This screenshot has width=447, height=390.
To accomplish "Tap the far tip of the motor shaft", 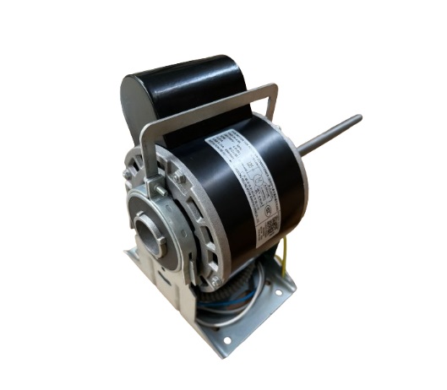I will [x=358, y=117].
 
